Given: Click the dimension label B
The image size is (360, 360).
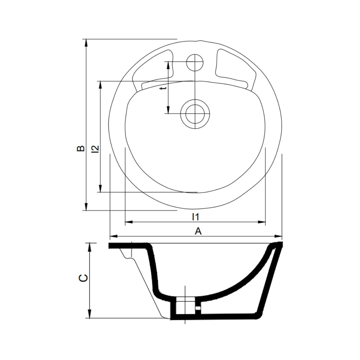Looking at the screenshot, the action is coord(81,149).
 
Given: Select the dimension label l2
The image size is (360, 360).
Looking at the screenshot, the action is coord(95,149).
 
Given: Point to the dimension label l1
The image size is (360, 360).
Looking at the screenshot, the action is coord(195,217).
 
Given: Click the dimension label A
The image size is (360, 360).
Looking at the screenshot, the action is coord(198,231).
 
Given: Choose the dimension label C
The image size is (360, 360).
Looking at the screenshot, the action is coord(83,278).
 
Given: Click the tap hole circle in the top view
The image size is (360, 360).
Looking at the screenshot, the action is coord(195,62).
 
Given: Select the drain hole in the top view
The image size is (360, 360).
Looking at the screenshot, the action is coord(195,114).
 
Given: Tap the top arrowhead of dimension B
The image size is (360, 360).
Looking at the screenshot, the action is coord(86,43).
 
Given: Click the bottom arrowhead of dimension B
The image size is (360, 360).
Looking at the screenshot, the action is coord(86,206).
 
